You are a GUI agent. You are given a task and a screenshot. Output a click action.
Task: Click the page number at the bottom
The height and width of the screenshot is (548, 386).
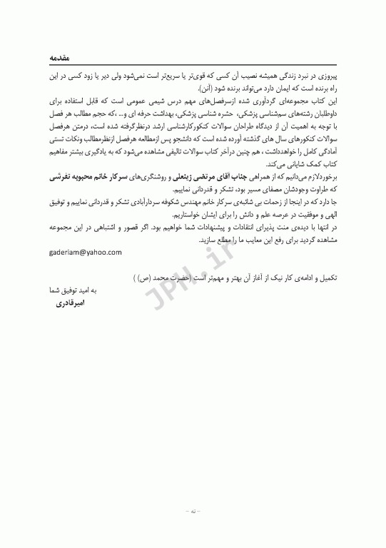pos(193,512)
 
